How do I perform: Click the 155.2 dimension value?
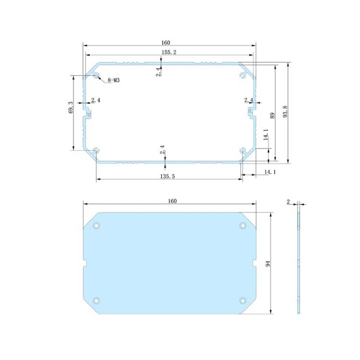[x=169, y=53]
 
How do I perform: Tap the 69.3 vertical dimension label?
[x=71, y=111]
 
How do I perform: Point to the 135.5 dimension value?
[x=167, y=176]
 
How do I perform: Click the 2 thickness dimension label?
[x=288, y=202]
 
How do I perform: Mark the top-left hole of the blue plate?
[x=96, y=225]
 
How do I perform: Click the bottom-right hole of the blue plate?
[x=243, y=300]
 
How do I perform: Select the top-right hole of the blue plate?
[x=243, y=225]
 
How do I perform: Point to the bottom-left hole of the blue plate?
[x=96, y=300]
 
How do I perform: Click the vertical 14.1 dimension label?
[x=265, y=135]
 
